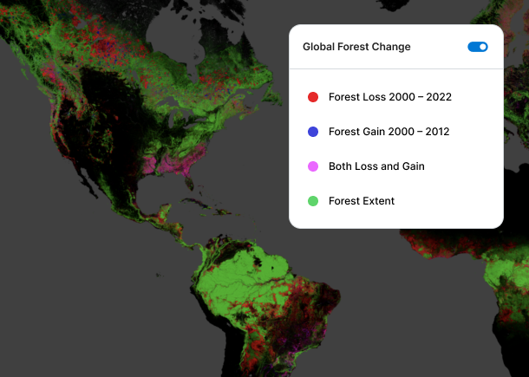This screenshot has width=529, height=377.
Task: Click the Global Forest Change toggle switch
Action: (x=478, y=47)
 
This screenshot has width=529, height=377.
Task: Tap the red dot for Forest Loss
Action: (x=313, y=97)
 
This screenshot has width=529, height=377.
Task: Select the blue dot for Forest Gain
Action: (x=313, y=132)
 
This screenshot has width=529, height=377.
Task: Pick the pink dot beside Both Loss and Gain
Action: (x=313, y=166)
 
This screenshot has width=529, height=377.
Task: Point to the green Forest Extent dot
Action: (x=313, y=201)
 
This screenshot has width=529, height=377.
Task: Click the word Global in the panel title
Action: (x=318, y=47)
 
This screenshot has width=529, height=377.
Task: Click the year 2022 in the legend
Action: (x=438, y=97)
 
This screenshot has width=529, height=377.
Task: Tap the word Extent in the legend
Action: (x=378, y=201)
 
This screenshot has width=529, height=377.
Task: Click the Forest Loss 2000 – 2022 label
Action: (x=389, y=97)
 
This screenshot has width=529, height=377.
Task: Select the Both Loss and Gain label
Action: (x=376, y=166)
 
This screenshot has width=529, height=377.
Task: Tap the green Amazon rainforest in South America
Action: (x=234, y=277)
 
